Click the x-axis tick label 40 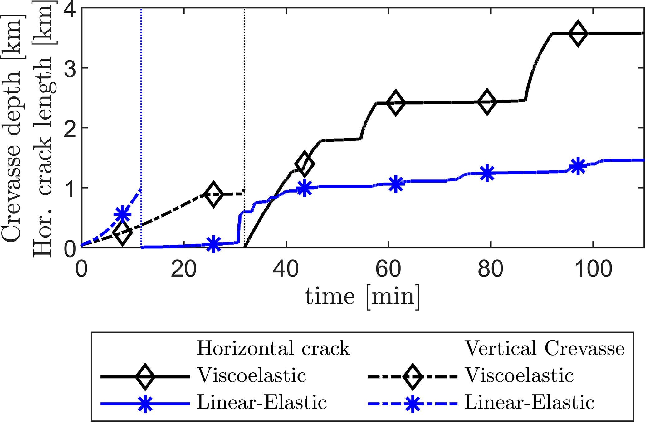(x=286, y=269)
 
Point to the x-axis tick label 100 (x=593, y=269)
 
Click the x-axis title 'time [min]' (x=362, y=296)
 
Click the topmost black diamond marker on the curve (x=578, y=34)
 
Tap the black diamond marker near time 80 (x=487, y=101)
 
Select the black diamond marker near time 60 (x=396, y=103)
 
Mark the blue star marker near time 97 (x=578, y=166)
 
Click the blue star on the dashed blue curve (x=122, y=214)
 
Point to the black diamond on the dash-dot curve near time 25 (x=213, y=194)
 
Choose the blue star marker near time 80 (x=487, y=173)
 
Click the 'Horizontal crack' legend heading (x=273, y=348)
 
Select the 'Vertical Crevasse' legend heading (x=545, y=348)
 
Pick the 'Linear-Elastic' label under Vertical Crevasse (x=530, y=403)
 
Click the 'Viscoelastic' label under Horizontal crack (x=252, y=375)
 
